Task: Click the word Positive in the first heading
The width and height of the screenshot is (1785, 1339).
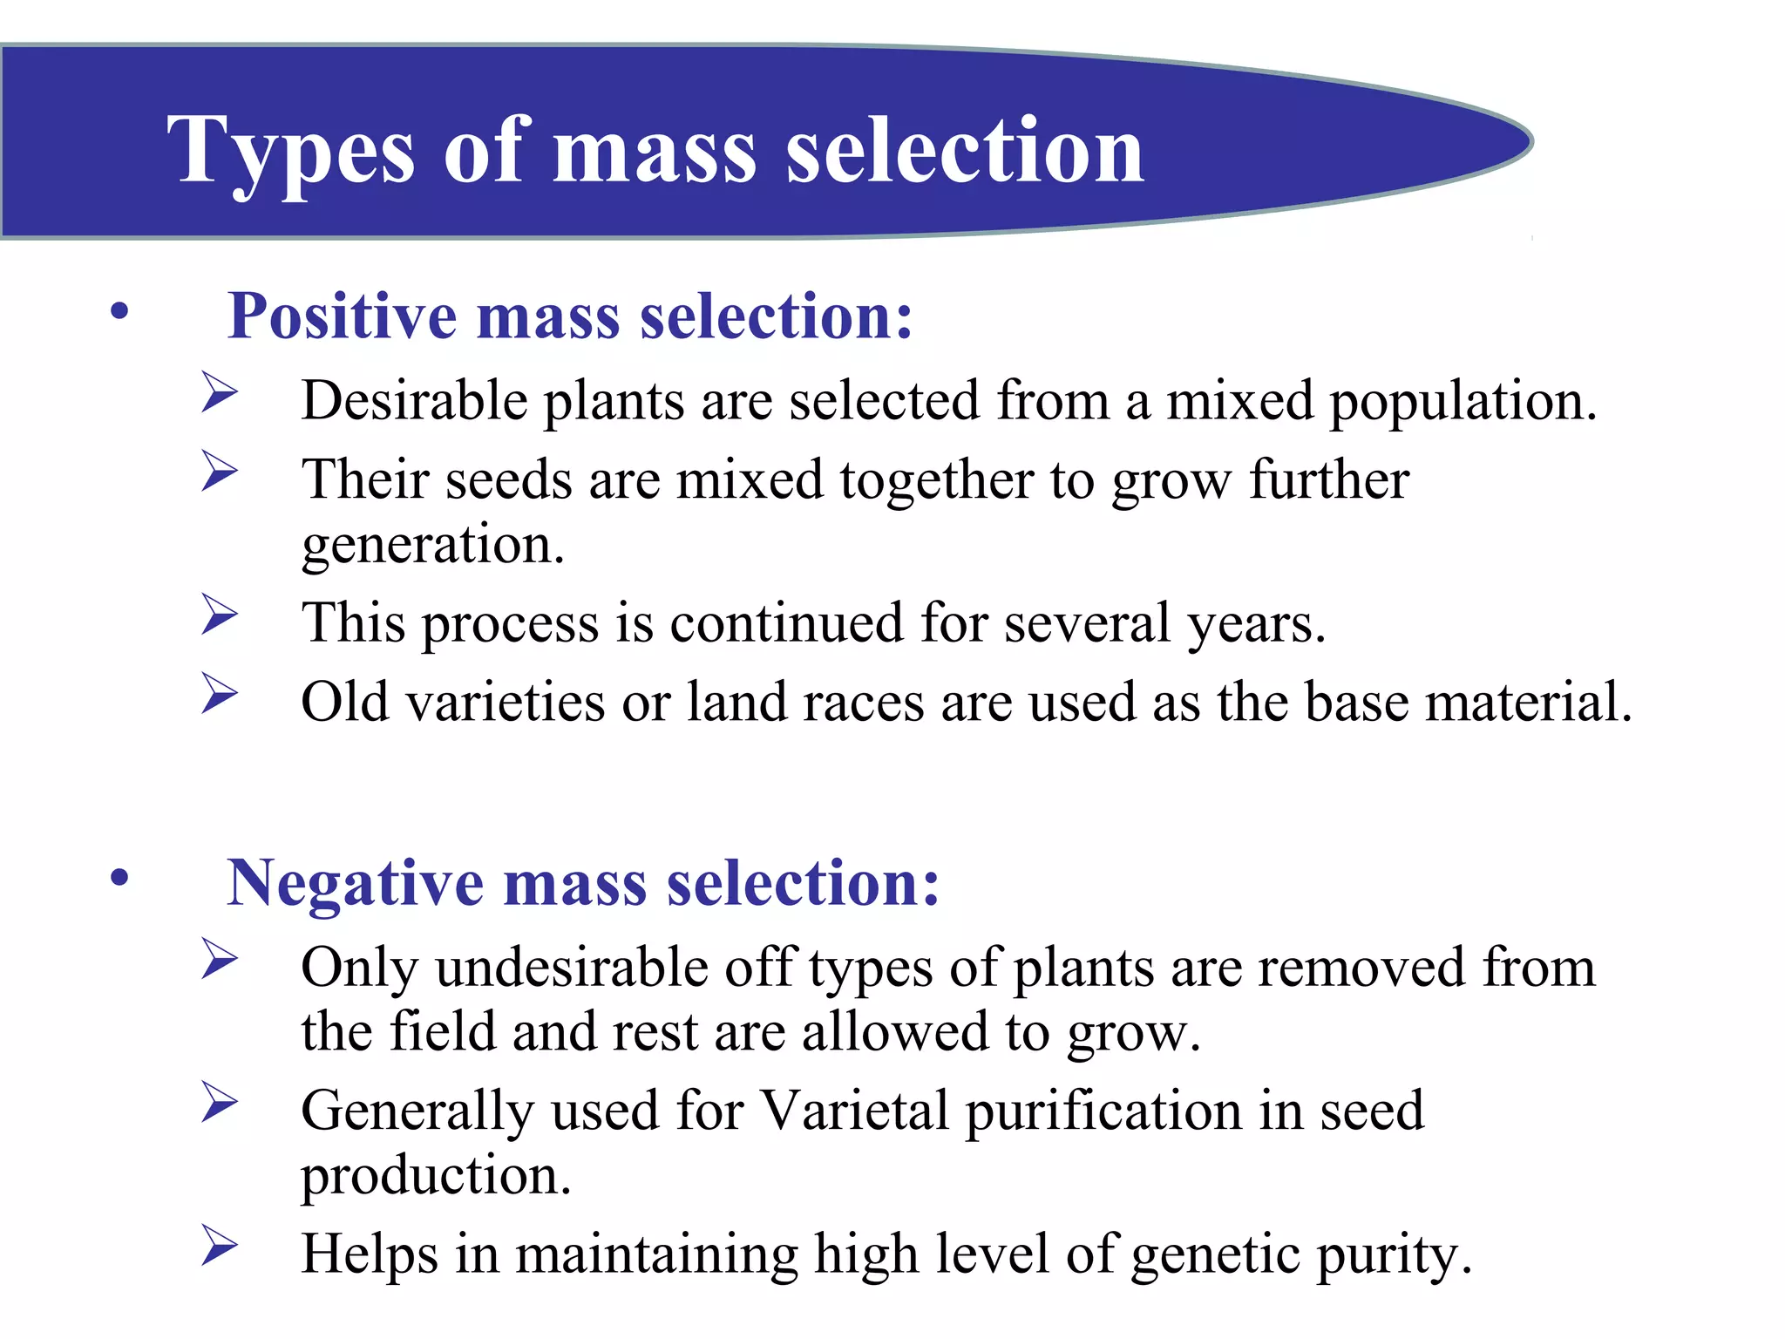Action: (x=342, y=316)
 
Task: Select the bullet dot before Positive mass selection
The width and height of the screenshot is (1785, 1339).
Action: (x=119, y=311)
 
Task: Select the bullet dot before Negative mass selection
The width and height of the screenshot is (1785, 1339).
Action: (x=119, y=878)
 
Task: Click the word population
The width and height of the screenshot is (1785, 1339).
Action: (x=1463, y=403)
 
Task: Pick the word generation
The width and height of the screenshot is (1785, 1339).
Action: (x=432, y=546)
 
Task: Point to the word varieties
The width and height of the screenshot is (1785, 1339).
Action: (x=506, y=703)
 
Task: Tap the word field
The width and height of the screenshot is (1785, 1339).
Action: (x=442, y=1032)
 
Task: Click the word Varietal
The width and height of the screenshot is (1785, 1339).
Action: (x=854, y=1111)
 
